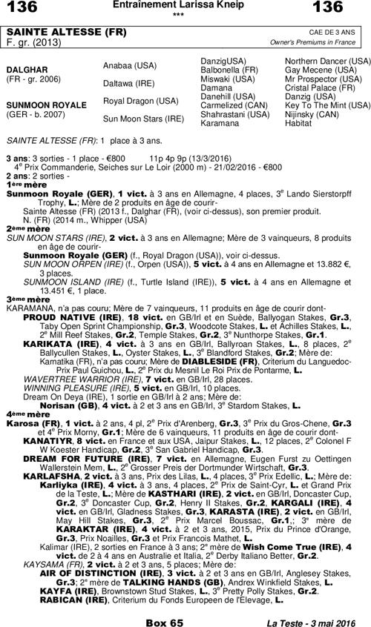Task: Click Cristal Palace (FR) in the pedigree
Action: coord(319,87)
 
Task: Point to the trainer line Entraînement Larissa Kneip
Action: coord(185,5)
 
